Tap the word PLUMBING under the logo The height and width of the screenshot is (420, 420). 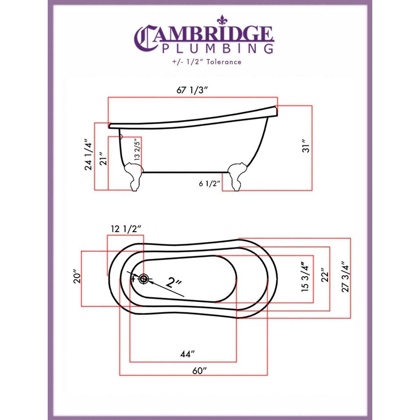pyautogui.click(x=217, y=49)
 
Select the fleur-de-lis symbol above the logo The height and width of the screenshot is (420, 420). pyautogui.click(x=222, y=20)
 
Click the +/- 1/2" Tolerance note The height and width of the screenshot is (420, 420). pyautogui.click(x=207, y=62)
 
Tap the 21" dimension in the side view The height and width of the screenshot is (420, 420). pyautogui.click(x=103, y=159)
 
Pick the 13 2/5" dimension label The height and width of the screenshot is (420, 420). pyautogui.click(x=137, y=149)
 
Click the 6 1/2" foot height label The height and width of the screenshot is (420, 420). pyautogui.click(x=209, y=184)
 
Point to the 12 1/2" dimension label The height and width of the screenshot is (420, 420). pyautogui.click(x=126, y=229)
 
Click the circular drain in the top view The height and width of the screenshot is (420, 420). pyautogui.click(x=143, y=279)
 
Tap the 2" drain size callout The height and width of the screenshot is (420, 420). pyautogui.click(x=174, y=282)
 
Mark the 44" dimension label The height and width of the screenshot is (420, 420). pyautogui.click(x=187, y=354)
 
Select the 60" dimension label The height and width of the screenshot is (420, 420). pyautogui.click(x=199, y=371)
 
